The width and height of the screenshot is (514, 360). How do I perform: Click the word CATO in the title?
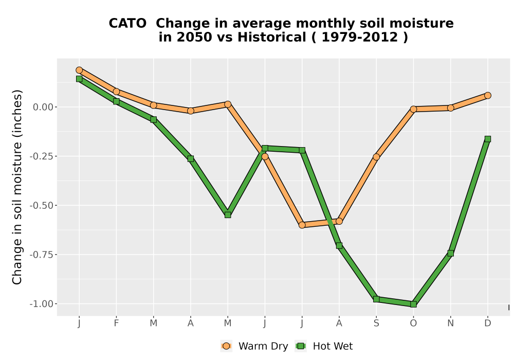pos(127,24)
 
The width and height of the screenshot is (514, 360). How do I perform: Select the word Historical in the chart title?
pos(272,37)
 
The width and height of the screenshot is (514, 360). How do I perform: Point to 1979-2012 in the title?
pos(360,37)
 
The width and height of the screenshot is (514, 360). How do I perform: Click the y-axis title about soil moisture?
pos(17,187)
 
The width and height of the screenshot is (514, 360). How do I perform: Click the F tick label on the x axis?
pos(116,323)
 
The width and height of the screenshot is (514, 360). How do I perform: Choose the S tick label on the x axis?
pos(376,323)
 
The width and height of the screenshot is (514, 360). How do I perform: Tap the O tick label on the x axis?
pos(413,323)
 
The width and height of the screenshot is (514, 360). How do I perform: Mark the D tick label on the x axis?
pos(488,323)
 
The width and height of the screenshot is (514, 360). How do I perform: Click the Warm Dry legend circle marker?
pos(226,346)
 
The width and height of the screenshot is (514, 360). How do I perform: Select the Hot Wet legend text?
pos(333,346)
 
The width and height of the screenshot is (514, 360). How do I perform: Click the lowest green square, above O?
pos(413,304)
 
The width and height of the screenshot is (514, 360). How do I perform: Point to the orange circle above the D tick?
pos(488,96)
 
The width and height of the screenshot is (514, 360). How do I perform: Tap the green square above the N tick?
pos(450,254)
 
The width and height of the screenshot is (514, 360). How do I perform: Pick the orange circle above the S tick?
pos(376,157)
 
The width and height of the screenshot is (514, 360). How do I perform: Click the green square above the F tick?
pos(116,102)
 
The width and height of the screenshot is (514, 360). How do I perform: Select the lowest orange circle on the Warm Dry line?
pos(302,225)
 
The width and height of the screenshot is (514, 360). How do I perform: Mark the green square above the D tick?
pos(488,139)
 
